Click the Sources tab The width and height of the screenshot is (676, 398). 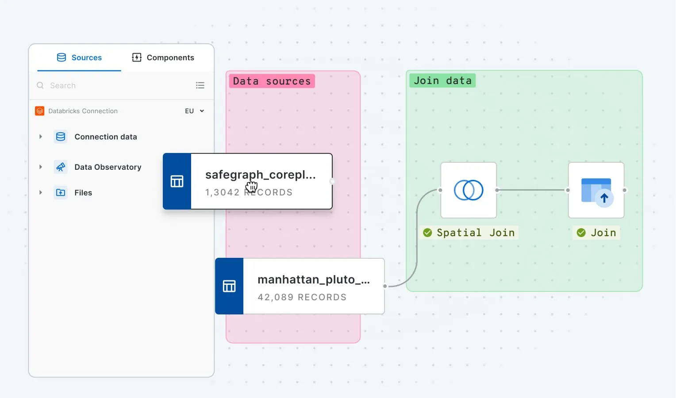coord(80,57)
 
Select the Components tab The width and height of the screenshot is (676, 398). coord(163,57)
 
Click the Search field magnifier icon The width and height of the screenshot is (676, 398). coord(40,85)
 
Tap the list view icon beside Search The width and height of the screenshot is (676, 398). coord(200,85)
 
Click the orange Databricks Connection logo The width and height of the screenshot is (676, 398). coord(40,111)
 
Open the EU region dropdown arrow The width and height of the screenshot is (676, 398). coord(202,111)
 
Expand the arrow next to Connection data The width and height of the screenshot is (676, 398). coord(41,137)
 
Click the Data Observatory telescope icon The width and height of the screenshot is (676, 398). coord(61,167)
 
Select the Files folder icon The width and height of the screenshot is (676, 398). coord(61,192)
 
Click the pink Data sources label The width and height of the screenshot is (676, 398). coord(272,81)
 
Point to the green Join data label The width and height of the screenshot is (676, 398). coord(442,80)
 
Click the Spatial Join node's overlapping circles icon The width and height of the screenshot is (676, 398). coord(469,190)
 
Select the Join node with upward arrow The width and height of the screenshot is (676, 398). coord(596,190)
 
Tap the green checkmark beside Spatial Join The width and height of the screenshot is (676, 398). coord(427,233)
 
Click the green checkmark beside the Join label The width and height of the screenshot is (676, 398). coord(581,233)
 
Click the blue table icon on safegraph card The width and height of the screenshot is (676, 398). coord(177,181)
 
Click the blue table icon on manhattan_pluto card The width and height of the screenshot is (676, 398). coord(229,286)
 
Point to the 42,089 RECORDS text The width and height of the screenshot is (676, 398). coord(302,297)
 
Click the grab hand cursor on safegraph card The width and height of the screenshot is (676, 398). coord(251,187)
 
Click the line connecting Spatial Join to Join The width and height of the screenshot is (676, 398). coord(532,190)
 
